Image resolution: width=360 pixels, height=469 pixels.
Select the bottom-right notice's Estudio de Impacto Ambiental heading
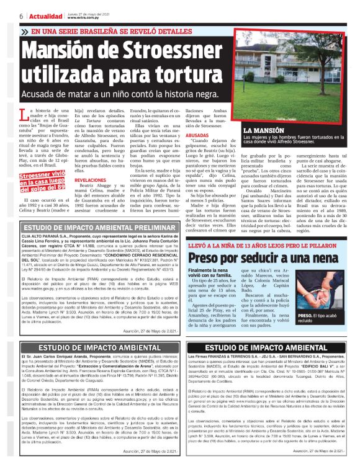pos(271,347)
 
